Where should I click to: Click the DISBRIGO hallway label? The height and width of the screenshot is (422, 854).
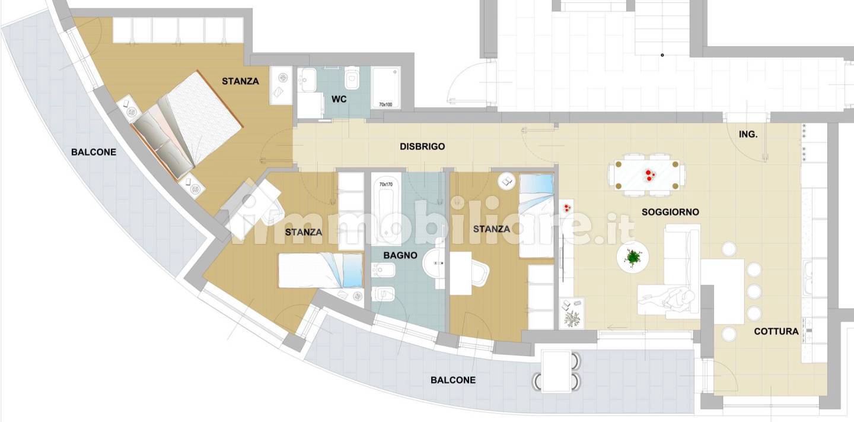pyautogui.click(x=422, y=147)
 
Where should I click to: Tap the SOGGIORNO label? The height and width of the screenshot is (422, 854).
pyautogui.click(x=670, y=212)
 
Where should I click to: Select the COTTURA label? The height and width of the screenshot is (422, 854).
pyautogui.click(x=776, y=331)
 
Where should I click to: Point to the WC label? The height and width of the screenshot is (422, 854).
pyautogui.click(x=339, y=99)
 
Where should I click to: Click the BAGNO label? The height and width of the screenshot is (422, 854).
pyautogui.click(x=400, y=255)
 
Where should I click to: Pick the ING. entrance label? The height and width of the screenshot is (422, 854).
pyautogui.click(x=748, y=134)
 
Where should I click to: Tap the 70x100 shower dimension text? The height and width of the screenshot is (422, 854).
pyautogui.click(x=385, y=104)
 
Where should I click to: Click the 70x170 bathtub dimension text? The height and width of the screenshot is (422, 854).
pyautogui.click(x=386, y=184)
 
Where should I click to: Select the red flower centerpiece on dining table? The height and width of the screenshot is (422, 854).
pyautogui.click(x=649, y=175)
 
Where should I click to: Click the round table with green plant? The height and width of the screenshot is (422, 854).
pyautogui.click(x=632, y=257)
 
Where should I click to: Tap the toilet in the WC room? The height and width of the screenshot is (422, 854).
pyautogui.click(x=352, y=78)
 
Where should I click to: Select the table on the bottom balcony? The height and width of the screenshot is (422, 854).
pyautogui.click(x=556, y=372)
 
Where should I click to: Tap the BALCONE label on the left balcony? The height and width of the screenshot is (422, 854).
pyautogui.click(x=94, y=152)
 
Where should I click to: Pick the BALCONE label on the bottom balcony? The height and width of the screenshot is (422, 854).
pyautogui.click(x=453, y=380)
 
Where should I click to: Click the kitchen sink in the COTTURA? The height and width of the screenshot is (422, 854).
pyautogui.click(x=808, y=278)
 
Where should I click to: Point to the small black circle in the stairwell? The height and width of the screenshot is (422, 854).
pyautogui.click(x=662, y=55)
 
